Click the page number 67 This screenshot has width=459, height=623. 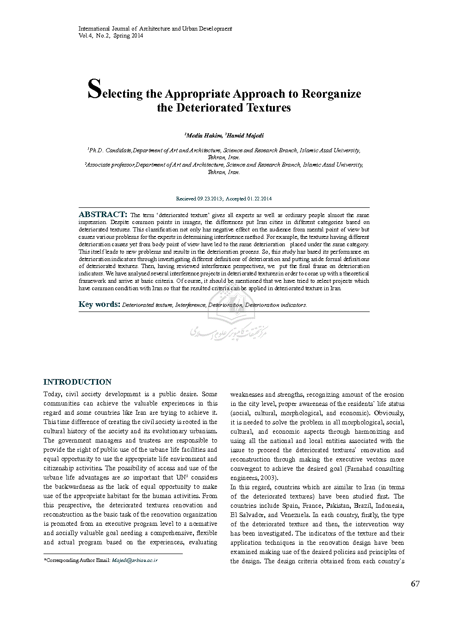pos(415,584)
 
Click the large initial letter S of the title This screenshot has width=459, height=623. pos(94,89)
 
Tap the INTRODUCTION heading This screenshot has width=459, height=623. pos(77,382)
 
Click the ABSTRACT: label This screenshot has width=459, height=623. pos(103,214)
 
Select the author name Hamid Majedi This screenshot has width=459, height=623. pos(245,136)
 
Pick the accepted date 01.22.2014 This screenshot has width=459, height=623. pos(259,199)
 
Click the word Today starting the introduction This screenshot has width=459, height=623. pos(52,394)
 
